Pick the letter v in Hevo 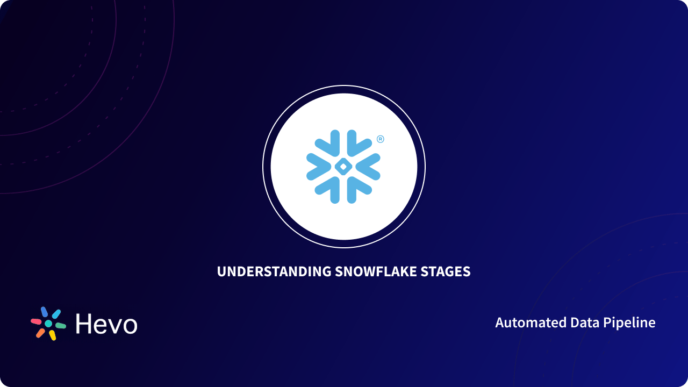point(113,326)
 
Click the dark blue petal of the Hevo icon point(44,312)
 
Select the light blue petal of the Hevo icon point(56,314)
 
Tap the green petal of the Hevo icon point(60,326)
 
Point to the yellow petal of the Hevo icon point(52,335)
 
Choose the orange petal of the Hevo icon point(40,333)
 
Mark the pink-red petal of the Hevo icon point(36,321)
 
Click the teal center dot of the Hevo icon point(48,324)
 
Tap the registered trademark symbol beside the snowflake point(381,139)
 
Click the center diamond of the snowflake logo point(343,167)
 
